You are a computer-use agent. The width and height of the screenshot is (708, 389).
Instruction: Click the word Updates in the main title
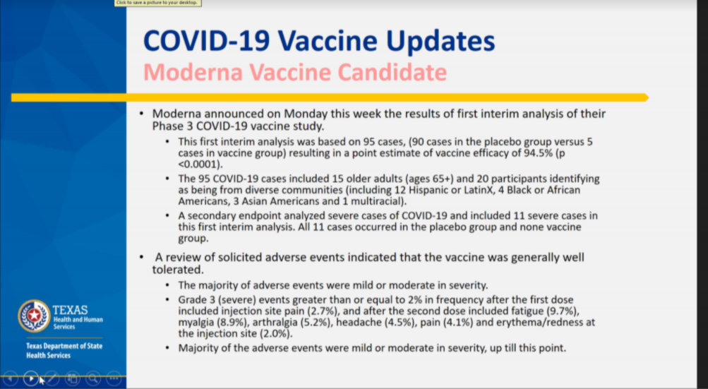(440, 42)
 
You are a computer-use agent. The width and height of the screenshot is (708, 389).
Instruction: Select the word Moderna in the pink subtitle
(193, 72)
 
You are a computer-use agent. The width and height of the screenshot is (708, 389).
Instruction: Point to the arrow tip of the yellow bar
(649, 97)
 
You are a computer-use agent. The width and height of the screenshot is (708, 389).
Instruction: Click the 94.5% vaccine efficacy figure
(538, 153)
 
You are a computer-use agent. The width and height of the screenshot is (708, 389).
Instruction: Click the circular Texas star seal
(34, 316)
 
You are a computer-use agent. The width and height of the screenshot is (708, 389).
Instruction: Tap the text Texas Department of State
(64, 346)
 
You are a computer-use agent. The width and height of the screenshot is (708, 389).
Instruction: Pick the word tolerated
(177, 269)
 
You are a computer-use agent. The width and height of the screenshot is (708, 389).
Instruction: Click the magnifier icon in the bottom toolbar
(93, 378)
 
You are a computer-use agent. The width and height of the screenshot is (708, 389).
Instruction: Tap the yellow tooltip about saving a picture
(157, 3)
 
